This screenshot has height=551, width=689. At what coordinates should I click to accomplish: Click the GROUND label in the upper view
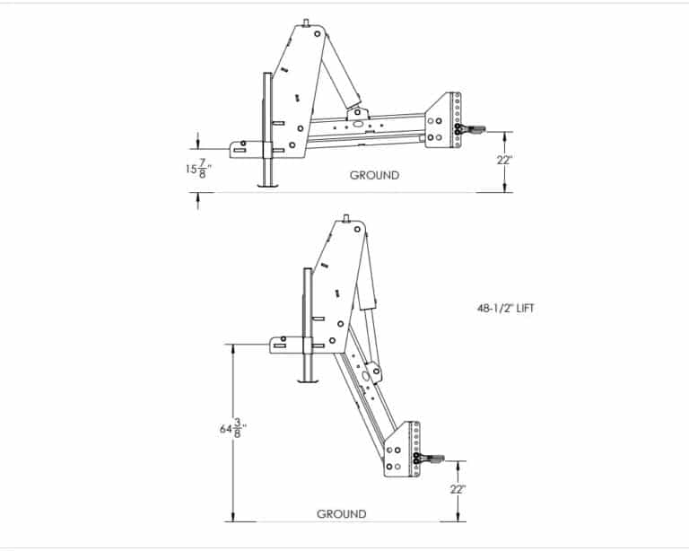point(374,175)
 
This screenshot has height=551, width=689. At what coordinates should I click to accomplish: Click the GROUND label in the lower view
point(341,514)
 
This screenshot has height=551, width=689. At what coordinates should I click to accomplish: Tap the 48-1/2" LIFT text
point(506,308)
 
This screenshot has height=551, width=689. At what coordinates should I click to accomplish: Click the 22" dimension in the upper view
point(505,161)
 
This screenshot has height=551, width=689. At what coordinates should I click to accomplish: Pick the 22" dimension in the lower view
point(457,489)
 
